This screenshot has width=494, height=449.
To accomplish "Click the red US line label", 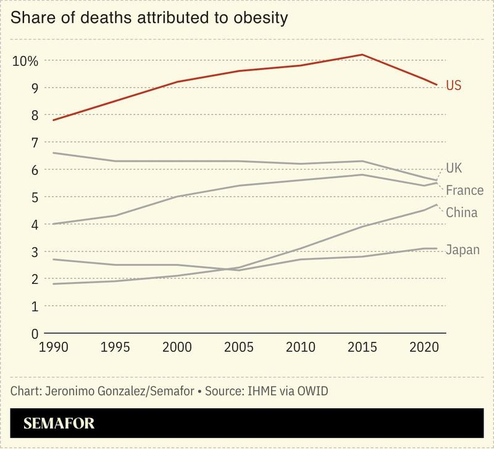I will (453, 85).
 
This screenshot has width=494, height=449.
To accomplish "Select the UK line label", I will (454, 168).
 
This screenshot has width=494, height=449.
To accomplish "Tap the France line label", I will (464, 190).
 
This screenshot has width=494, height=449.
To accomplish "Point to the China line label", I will (461, 213).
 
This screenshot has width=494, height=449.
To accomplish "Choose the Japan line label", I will (462, 250).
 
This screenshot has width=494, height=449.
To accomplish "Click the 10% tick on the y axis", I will (25, 61).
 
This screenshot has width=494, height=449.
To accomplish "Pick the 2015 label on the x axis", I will (360, 348).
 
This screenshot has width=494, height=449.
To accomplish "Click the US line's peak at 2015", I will (362, 54).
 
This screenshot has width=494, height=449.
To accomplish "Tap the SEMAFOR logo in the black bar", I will (59, 424).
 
